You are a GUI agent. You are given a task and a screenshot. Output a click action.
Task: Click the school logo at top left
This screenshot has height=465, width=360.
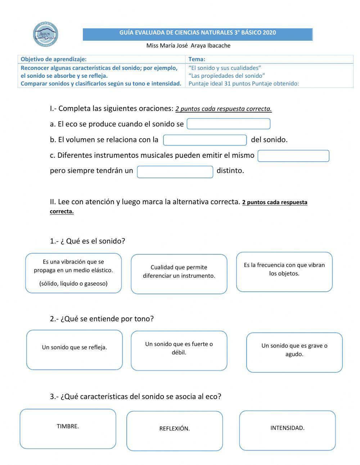[45, 35]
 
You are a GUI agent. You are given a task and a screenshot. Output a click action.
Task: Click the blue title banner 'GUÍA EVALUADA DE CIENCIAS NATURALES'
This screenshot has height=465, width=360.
[198, 33]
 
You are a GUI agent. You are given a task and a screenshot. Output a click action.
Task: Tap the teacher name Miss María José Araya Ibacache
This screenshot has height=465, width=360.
[188, 46]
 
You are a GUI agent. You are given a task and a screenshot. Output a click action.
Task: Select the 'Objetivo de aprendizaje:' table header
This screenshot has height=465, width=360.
[54, 59]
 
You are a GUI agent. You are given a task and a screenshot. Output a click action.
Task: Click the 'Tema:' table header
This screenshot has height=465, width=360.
[197, 59]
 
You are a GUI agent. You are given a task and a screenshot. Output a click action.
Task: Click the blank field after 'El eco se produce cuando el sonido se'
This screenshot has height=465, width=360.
[228, 124]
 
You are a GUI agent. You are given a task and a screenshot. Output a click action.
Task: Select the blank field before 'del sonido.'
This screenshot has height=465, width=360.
[205, 140]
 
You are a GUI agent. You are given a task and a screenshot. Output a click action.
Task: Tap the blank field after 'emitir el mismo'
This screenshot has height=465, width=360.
[293, 156]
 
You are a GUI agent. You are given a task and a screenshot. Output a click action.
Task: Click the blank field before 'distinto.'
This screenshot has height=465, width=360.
[175, 172]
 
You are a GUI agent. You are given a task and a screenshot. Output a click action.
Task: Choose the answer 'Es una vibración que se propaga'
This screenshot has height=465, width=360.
[73, 273]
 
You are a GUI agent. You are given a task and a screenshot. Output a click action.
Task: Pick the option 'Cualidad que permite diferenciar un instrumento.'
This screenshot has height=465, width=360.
[179, 274]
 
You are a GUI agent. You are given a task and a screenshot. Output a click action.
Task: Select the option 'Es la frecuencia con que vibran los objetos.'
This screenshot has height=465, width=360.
[284, 272]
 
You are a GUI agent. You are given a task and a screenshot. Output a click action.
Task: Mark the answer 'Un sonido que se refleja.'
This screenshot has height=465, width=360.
[75, 349]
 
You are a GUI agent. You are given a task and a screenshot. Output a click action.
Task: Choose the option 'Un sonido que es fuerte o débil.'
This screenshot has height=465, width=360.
[179, 350]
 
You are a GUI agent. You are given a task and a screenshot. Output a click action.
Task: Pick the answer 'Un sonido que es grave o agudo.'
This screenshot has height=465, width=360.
[294, 352]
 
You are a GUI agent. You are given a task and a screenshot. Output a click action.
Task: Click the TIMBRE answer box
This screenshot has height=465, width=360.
[68, 428]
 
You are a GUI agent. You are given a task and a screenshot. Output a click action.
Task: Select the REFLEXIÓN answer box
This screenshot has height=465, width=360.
[175, 430]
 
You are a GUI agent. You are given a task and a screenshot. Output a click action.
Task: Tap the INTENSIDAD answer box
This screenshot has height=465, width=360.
[287, 430]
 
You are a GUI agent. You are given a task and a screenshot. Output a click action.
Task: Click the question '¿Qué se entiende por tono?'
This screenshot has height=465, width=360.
[102, 319]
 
